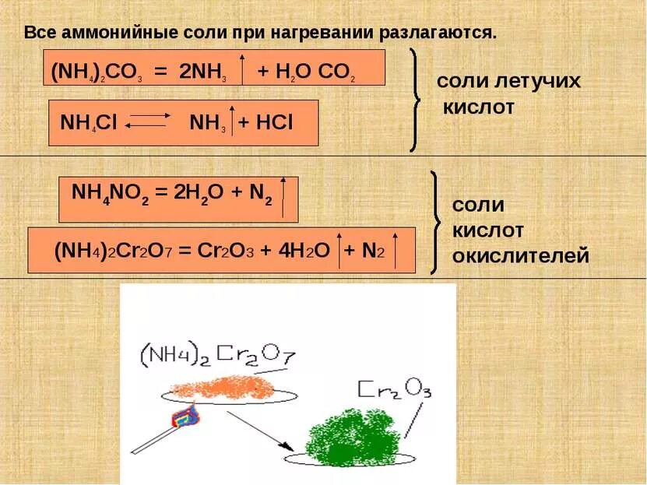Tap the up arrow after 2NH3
point(242,68)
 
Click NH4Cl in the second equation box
point(88,123)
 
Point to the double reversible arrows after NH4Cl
point(149,121)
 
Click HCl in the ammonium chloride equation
point(274,123)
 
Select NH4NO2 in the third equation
point(104,194)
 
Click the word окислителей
point(520,255)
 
